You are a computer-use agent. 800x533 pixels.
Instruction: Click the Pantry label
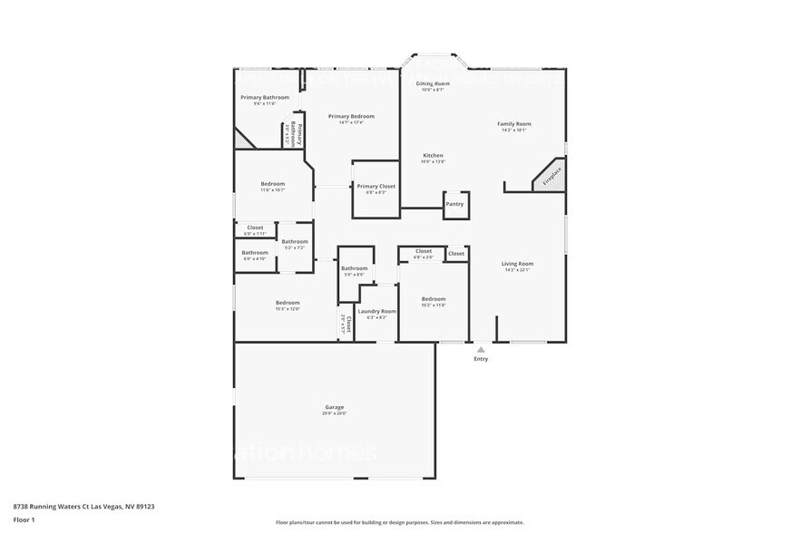tap(454, 204)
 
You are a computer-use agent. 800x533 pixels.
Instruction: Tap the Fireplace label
tap(552, 175)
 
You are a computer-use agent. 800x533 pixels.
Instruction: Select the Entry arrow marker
tap(481, 348)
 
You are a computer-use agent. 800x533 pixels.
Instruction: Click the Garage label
tap(335, 407)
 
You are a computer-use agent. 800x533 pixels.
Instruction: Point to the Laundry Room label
tap(376, 311)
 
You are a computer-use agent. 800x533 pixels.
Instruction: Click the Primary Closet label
tap(376, 186)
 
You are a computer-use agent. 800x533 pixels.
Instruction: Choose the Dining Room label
tap(433, 83)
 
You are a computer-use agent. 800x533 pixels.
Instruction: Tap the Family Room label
tap(513, 123)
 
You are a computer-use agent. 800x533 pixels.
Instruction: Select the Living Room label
tap(516, 264)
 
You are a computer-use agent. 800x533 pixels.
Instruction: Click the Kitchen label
tap(433, 155)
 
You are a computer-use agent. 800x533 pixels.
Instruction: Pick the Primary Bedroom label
tap(351, 116)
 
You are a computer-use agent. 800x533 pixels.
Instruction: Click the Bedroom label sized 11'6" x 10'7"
tap(273, 183)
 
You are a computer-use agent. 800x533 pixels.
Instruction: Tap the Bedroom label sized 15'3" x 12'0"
tap(288, 303)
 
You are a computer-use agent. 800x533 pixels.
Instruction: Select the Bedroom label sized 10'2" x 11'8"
tap(433, 298)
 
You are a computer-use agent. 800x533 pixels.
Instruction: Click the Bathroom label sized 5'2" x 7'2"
tap(295, 241)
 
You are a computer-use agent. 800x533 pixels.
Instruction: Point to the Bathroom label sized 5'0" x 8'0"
tap(354, 268)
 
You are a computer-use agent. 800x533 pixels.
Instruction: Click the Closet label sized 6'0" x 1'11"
tap(255, 228)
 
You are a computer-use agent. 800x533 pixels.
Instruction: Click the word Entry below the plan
tap(481, 359)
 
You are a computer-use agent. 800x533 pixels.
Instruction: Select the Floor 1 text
tap(24, 520)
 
